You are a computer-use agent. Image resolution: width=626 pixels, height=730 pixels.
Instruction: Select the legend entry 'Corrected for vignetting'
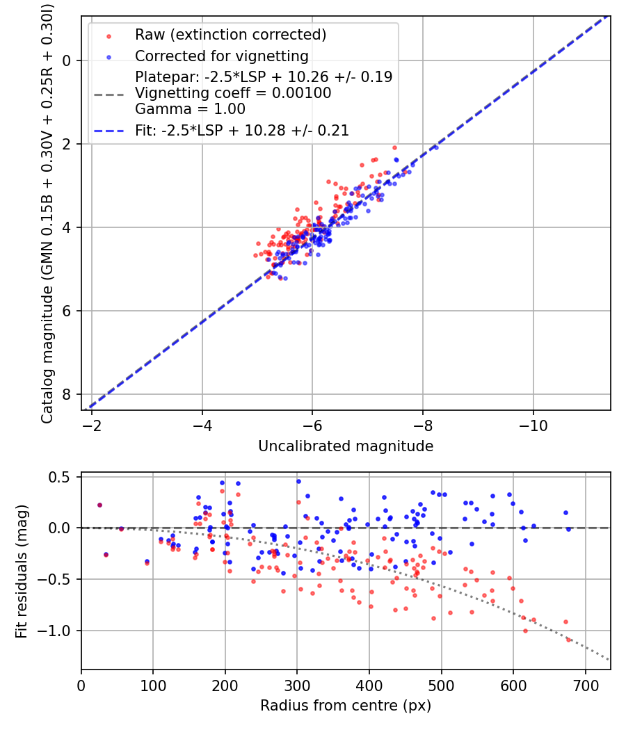[221, 56]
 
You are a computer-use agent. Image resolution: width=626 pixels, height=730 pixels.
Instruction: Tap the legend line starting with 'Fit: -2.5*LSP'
[242, 130]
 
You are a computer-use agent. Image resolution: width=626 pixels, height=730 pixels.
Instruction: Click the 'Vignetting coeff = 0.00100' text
[233, 93]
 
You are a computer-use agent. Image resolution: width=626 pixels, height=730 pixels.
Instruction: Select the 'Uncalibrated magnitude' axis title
[346, 446]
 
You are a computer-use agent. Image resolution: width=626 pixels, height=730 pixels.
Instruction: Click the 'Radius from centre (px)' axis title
[346, 706]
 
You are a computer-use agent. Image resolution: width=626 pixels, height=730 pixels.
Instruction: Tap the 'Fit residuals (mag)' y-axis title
[22, 571]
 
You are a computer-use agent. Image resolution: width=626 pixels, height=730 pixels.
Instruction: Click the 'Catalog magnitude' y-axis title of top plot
[47, 212]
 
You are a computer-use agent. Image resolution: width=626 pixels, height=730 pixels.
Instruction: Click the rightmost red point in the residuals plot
[569, 639]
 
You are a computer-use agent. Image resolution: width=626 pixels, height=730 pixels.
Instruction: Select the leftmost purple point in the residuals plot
[99, 505]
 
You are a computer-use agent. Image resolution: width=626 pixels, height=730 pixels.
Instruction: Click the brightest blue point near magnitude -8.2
[436, 147]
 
